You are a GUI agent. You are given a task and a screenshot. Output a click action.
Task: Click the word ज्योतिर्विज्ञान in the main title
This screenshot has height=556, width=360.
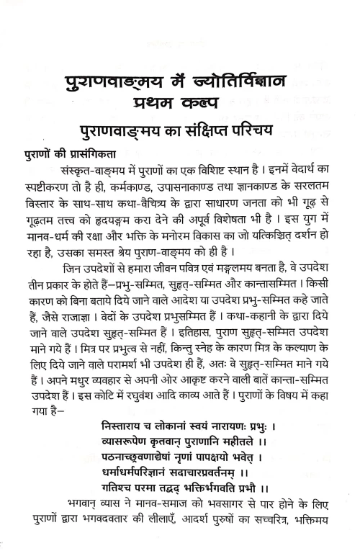click(x=230, y=77)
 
